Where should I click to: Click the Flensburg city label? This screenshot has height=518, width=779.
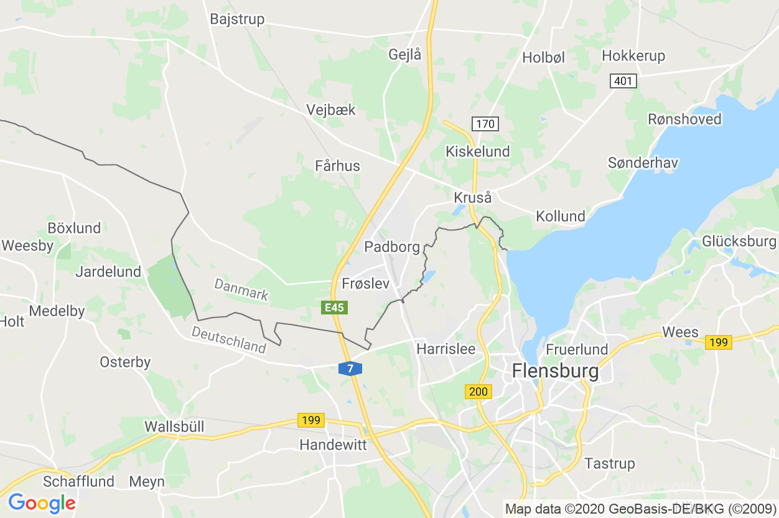click(x=555, y=372)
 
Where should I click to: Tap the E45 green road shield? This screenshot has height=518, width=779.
click(x=335, y=308)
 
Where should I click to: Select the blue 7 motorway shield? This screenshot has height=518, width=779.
click(x=350, y=369)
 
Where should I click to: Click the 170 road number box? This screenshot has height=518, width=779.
click(x=485, y=124)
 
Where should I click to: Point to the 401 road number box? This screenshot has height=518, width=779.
click(x=623, y=81)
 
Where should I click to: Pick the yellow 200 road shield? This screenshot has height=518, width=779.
click(x=478, y=392)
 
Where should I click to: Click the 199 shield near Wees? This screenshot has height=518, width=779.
click(x=719, y=342)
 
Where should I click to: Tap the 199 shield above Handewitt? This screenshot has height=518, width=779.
click(x=310, y=420)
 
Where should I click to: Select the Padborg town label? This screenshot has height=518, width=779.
click(x=392, y=247)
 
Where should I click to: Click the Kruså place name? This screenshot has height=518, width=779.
click(x=473, y=198)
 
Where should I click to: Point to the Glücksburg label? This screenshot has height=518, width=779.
click(x=739, y=242)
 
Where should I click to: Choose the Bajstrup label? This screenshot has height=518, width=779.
click(x=237, y=19)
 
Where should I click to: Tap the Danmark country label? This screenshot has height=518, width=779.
click(x=241, y=289)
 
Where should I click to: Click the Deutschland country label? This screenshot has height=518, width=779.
click(x=228, y=340)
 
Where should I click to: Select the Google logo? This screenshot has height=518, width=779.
click(x=42, y=502)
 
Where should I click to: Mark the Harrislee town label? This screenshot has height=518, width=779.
click(x=445, y=349)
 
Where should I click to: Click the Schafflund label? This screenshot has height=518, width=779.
click(x=78, y=481)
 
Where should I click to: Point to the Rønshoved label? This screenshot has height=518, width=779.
click(x=684, y=119)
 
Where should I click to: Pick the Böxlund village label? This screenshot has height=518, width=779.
click(x=74, y=228)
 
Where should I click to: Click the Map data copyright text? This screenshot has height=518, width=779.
click(x=640, y=509)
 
